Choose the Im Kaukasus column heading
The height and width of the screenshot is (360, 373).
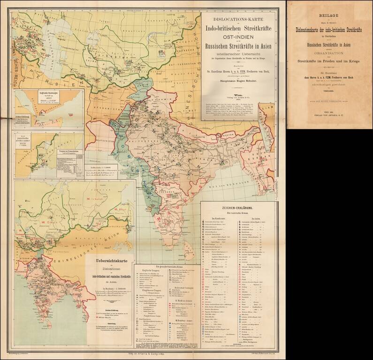219,218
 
